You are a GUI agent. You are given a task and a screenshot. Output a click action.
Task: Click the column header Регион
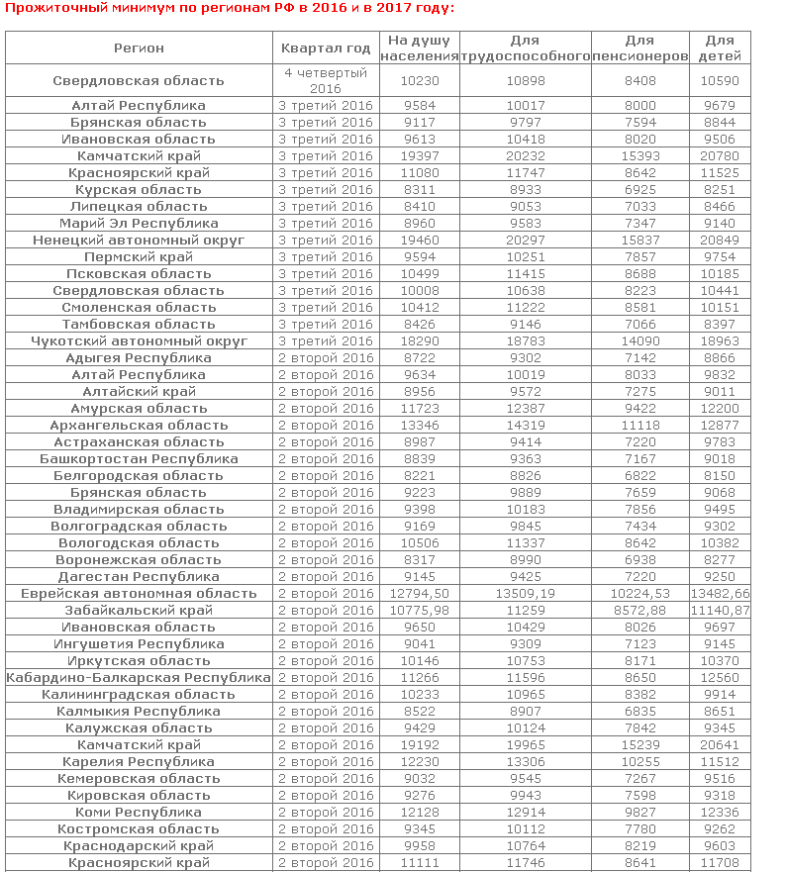[x=139, y=48]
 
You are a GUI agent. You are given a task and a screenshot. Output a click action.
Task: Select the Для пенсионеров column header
[x=640, y=48]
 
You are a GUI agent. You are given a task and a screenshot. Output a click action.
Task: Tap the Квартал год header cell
[x=326, y=48]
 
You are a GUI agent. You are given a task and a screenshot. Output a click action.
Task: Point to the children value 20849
[x=720, y=240]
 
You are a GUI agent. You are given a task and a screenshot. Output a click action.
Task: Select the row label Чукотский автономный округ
[x=139, y=340]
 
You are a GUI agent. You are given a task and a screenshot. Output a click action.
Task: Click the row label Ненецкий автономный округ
[x=139, y=240]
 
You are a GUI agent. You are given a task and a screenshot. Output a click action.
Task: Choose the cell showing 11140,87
[x=720, y=610]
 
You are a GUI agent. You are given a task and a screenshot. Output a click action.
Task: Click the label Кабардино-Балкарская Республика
[x=139, y=677]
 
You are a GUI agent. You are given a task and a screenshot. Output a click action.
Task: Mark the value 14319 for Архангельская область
[x=526, y=425]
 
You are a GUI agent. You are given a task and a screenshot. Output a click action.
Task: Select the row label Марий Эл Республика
[x=139, y=223]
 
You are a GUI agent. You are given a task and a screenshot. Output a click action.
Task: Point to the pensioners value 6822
[x=640, y=475]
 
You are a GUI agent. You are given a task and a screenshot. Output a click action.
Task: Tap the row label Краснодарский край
[x=139, y=845]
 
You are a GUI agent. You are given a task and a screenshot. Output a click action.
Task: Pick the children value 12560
[x=720, y=677]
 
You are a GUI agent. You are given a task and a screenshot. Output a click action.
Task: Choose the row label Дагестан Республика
[x=139, y=576]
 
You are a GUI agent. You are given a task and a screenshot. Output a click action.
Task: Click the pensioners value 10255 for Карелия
[x=640, y=761]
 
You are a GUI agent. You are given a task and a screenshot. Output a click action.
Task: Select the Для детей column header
[x=720, y=48]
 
